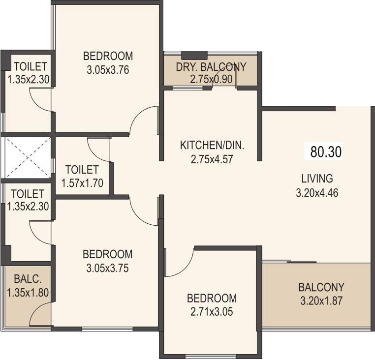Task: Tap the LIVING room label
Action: [x=317, y=178]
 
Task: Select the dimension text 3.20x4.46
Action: [x=317, y=193]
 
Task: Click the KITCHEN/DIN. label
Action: [x=212, y=146]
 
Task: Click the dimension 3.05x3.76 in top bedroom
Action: [x=108, y=70]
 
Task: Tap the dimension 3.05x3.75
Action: [x=107, y=269]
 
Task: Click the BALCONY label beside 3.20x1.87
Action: [x=321, y=287]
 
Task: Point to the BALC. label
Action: [x=28, y=279]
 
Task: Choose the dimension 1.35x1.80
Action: [x=28, y=293]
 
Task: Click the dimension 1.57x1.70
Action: [x=82, y=183]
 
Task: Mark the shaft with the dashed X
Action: [x=28, y=157]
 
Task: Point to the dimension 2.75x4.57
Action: [x=212, y=159]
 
